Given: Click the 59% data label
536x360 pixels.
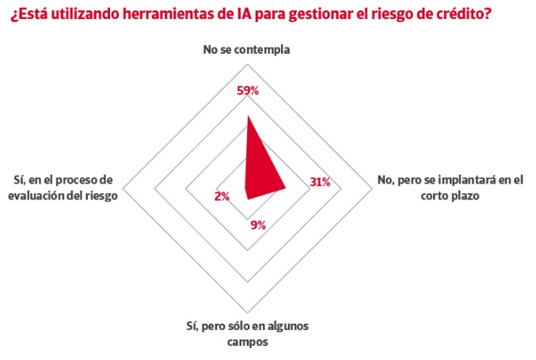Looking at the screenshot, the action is pos(248,90).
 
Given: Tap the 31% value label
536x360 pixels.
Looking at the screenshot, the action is pos(320,182).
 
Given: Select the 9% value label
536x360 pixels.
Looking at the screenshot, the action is pos(258,225).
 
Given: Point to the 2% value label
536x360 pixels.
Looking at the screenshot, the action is pos(222,196).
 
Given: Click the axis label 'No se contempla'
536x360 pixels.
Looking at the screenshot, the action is pos(246,50).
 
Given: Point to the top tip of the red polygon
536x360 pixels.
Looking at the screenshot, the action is pos(248,116).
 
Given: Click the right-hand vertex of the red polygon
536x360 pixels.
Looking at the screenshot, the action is pos(286,188).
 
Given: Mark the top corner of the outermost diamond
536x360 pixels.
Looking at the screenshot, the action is pos(248,63).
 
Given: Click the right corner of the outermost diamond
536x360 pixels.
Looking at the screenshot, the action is pos(372,188).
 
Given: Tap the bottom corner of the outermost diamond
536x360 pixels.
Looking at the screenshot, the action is pos(248,313).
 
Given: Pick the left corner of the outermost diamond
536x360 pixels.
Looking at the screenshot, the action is pos(123,188).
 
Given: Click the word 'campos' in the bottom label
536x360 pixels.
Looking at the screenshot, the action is pos(248,342).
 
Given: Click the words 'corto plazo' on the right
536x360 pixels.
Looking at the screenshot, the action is pos(450,195).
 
